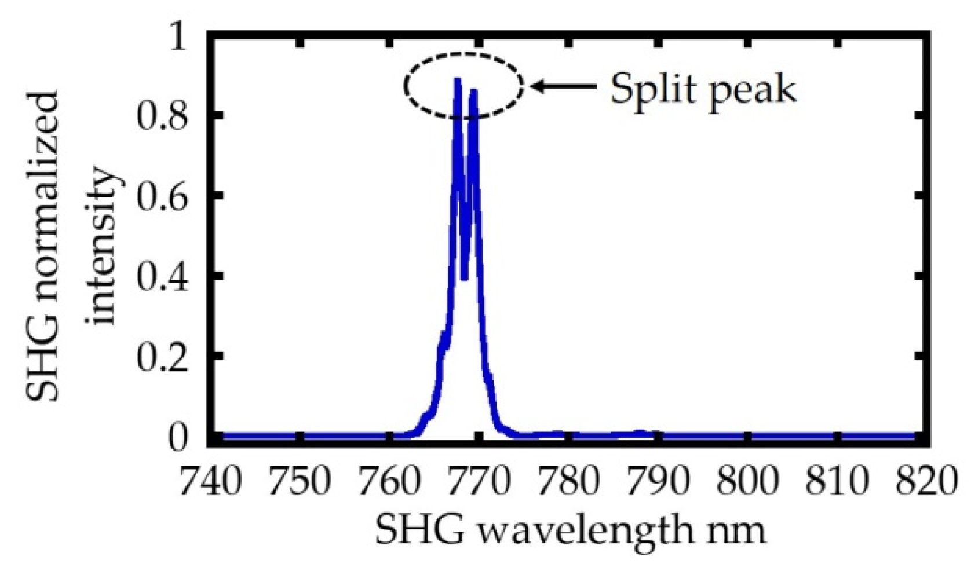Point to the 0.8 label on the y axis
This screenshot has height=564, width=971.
point(162,116)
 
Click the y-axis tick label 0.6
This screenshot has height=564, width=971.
point(162,196)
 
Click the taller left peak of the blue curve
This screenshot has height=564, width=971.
point(457,82)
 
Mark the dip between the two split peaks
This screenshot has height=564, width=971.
point(464,278)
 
